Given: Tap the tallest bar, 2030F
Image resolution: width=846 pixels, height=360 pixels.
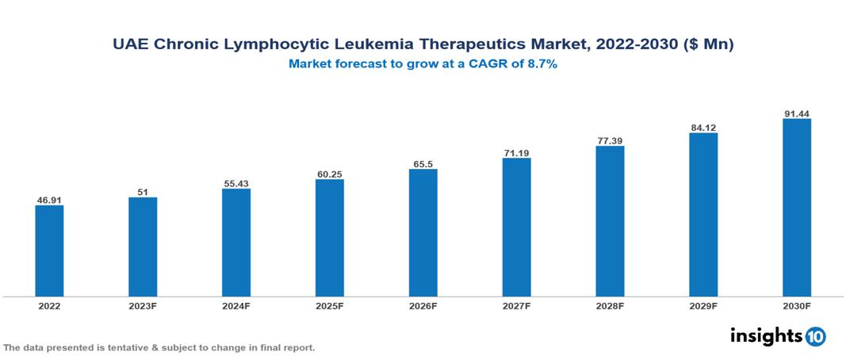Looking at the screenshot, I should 797,208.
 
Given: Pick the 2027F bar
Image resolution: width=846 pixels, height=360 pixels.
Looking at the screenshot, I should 516,227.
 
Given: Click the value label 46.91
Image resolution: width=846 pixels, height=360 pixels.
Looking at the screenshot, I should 49,200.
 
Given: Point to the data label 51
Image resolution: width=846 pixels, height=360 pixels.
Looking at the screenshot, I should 143,192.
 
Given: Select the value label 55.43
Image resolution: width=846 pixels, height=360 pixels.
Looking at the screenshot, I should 236,183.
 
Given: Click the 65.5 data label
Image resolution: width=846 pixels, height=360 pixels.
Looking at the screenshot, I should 423,163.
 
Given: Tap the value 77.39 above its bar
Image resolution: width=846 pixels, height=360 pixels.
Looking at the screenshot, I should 610,140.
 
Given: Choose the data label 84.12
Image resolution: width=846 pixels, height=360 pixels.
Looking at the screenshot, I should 703,127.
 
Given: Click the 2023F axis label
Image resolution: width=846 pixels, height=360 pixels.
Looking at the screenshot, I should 143,305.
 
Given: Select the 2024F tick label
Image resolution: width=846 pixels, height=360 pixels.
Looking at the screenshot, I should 236,305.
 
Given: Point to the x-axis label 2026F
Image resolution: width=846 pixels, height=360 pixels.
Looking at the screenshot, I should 423,305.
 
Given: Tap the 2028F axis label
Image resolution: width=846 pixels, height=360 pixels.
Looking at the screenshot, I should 610,305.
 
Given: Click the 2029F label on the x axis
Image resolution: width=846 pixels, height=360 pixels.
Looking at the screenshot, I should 703,305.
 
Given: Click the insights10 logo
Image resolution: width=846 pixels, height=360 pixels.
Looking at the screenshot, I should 778,336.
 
